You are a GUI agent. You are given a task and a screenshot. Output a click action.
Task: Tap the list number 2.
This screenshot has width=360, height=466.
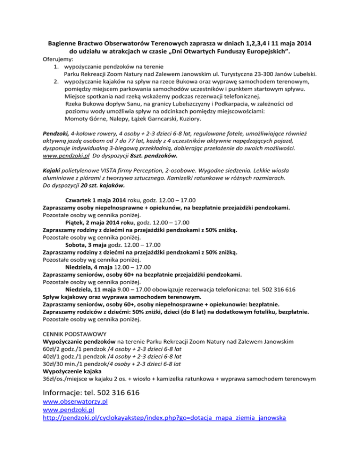(56, 81)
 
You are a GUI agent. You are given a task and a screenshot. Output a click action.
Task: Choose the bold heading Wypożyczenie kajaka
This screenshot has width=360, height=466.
(74, 371)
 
